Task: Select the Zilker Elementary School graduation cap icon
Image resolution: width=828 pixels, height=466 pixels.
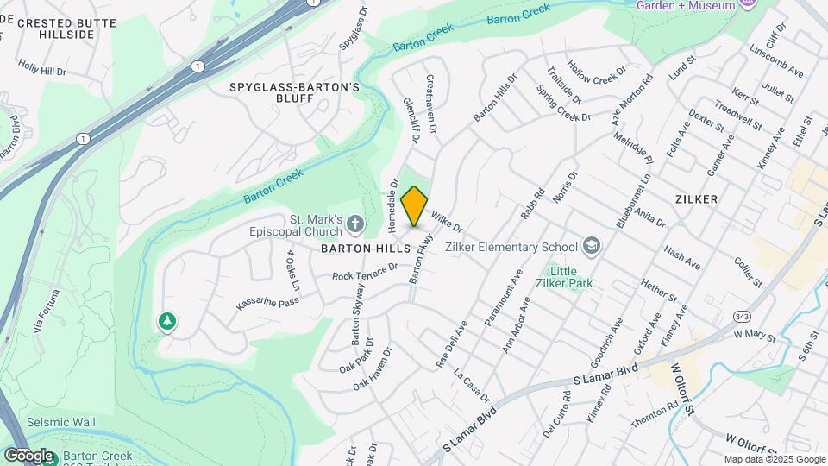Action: click(x=592, y=247)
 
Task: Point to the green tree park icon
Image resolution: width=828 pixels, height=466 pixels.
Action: click(x=166, y=323)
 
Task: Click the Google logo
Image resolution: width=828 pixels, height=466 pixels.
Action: click(x=28, y=455)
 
